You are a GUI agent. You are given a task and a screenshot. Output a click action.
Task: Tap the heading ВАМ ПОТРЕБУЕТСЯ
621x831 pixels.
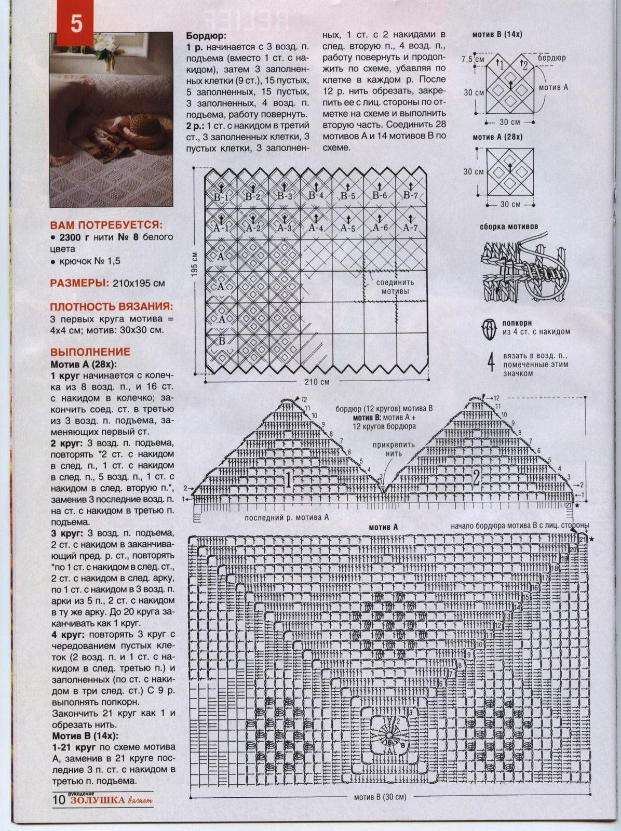[x=105, y=225]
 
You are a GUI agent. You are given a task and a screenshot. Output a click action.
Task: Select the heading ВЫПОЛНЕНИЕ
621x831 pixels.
[x=90, y=352]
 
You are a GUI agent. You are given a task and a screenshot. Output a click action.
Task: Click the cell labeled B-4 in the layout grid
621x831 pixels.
[x=316, y=196]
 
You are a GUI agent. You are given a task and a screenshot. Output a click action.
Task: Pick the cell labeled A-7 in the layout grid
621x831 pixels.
[x=410, y=227]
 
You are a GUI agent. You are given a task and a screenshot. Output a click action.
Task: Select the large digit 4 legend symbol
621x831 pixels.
[x=491, y=364]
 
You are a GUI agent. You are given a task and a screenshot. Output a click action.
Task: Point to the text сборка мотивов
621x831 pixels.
[x=509, y=227]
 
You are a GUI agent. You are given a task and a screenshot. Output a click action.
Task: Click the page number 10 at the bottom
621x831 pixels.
[x=58, y=800]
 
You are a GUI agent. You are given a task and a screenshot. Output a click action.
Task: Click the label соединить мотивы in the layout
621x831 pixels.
[x=396, y=287]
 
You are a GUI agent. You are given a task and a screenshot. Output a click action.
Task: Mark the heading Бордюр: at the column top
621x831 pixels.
[x=206, y=36]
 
